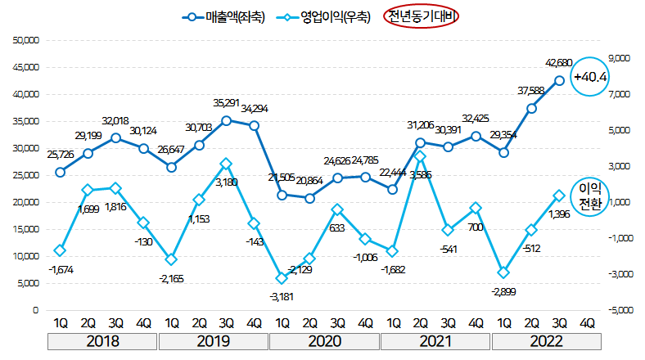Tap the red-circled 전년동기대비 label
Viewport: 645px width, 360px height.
(x=424, y=17)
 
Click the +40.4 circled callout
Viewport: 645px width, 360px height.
(x=589, y=77)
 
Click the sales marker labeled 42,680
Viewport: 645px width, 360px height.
(x=559, y=80)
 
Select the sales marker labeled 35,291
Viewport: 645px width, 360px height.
(x=226, y=120)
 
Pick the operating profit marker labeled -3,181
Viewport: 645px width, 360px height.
(x=282, y=278)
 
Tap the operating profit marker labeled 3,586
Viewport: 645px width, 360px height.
(x=420, y=155)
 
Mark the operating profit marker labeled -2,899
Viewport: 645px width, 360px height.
(x=503, y=272)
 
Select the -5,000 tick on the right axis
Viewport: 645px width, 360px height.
(x=616, y=310)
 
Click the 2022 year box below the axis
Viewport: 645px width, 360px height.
(x=546, y=341)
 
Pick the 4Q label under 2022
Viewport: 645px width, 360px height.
(x=587, y=322)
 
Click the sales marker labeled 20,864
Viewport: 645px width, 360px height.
(x=309, y=198)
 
